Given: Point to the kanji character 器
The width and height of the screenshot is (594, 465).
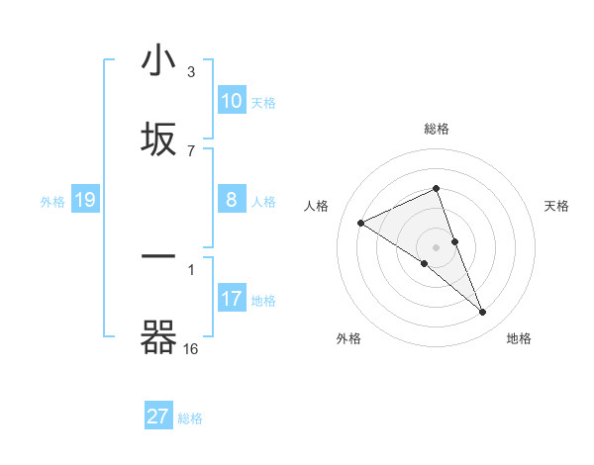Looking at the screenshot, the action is click(158, 337).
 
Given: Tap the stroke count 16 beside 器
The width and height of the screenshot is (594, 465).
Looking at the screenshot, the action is click(190, 348).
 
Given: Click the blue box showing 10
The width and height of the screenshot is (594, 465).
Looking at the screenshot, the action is click(232, 100).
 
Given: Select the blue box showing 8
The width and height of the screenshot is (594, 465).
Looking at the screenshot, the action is click(232, 199).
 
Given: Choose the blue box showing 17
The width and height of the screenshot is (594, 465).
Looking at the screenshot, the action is click(232, 298).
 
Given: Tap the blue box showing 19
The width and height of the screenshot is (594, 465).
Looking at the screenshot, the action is click(84, 200).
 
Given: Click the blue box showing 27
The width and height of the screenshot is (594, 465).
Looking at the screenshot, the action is click(158, 417).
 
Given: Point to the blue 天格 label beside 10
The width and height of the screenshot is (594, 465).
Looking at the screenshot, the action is click(263, 102).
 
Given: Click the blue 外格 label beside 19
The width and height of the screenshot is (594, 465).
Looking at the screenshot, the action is click(52, 202).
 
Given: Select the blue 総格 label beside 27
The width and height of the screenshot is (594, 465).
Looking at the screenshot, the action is click(190, 418).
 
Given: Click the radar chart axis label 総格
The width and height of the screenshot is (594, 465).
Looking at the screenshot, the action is click(436, 129).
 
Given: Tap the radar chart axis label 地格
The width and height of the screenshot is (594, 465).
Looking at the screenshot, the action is click(519, 338).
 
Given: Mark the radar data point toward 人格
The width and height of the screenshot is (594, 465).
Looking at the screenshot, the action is click(360, 224).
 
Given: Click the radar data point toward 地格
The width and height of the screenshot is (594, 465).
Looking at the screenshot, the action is click(483, 313).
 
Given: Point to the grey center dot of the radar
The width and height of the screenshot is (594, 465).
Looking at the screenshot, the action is click(436, 246).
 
